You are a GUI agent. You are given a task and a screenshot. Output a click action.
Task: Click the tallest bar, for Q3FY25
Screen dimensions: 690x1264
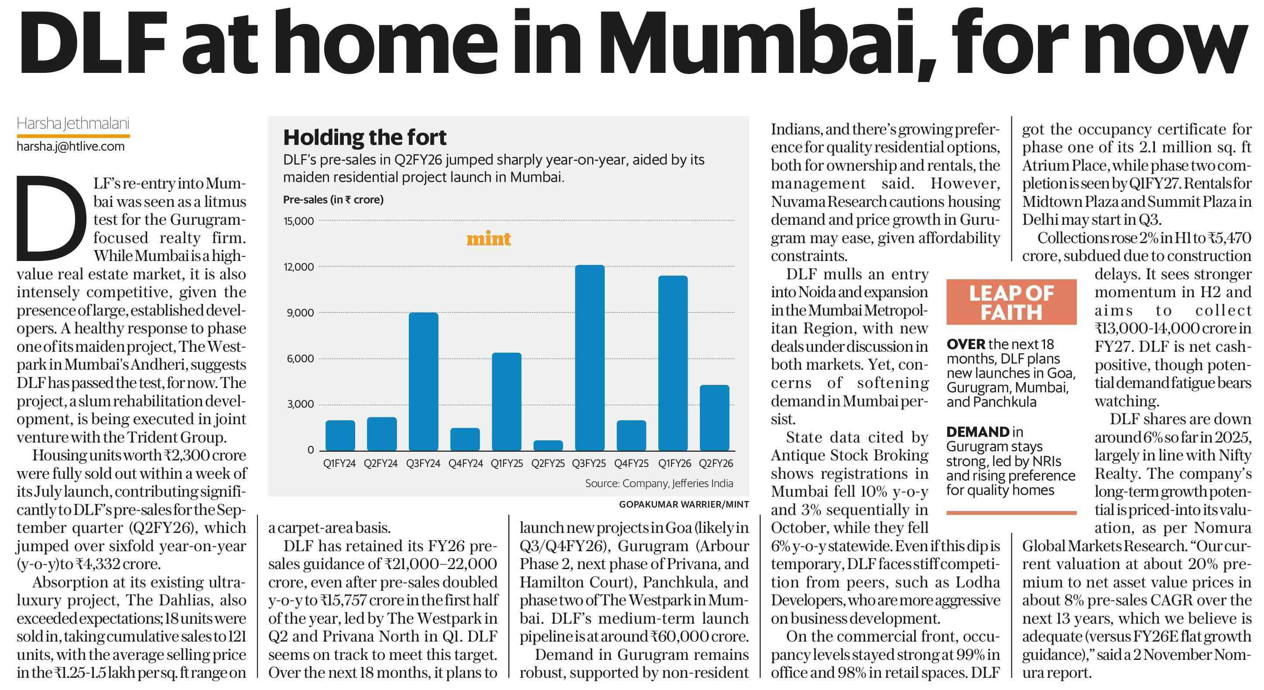tap(590, 358)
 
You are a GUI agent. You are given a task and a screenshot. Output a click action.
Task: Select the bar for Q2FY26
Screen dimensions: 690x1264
tap(714, 418)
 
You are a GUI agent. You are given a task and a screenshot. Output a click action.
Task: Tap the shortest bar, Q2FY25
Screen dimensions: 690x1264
tap(548, 445)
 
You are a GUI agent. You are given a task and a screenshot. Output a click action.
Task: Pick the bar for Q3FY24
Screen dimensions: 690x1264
tap(424, 381)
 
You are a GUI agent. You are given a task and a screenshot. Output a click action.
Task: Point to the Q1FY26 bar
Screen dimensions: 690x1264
tap(673, 363)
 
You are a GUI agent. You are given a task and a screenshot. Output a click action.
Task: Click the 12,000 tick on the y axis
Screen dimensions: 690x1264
tap(299, 267)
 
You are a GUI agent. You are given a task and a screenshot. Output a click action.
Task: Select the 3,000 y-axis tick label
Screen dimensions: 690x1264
tap(300, 405)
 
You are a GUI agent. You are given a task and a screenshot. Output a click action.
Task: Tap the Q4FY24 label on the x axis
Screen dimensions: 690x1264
tap(465, 463)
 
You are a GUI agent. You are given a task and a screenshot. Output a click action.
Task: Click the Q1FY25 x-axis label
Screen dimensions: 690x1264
tap(507, 463)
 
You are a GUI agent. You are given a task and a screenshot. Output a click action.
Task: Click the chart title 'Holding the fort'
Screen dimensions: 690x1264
tap(365, 138)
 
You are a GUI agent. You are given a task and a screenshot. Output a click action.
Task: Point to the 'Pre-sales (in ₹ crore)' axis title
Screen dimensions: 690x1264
tap(333, 200)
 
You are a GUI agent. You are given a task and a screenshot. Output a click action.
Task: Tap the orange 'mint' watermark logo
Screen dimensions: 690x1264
tap(489, 239)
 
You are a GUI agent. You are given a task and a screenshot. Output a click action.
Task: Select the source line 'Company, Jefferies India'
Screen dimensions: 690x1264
tap(659, 484)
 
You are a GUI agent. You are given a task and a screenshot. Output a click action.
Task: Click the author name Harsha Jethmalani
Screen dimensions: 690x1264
tap(72, 124)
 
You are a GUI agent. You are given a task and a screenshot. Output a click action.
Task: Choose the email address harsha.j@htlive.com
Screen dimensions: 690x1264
tap(71, 146)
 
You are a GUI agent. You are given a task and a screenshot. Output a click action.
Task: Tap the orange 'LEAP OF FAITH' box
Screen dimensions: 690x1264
tap(1011, 302)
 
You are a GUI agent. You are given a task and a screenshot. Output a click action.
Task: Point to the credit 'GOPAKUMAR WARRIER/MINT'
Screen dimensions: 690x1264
tap(684, 505)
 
